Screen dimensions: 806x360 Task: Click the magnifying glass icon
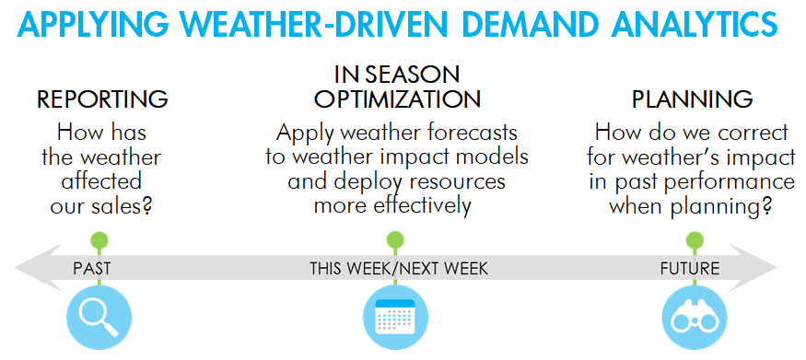tap(99, 318)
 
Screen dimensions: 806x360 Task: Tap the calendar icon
tap(395, 318)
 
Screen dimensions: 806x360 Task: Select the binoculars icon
tap(695, 318)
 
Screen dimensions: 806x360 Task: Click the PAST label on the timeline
tap(92, 269)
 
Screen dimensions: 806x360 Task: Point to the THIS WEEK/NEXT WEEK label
tap(398, 269)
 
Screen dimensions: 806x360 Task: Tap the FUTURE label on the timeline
tap(690, 269)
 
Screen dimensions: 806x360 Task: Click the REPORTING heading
tap(102, 99)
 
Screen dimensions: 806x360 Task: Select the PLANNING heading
tap(692, 99)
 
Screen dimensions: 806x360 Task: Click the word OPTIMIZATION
tap(397, 99)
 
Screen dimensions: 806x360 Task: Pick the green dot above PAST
tap(99, 239)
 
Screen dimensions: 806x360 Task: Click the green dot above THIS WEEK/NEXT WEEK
tap(395, 239)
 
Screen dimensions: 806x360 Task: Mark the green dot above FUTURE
tap(695, 239)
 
